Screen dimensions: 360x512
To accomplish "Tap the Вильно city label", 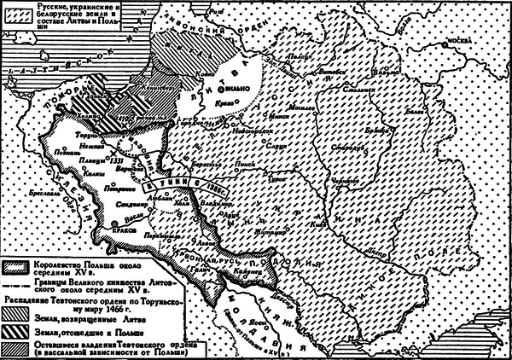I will click(242, 88).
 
